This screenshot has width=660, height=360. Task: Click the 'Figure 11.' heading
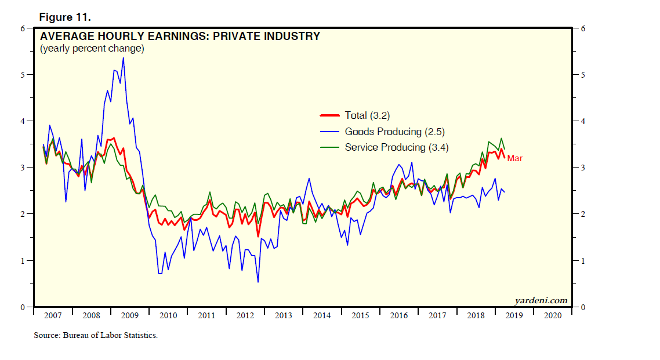click(x=65, y=16)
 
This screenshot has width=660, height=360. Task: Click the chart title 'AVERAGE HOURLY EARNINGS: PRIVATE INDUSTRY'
click(x=180, y=37)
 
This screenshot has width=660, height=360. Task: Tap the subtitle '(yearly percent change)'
click(x=92, y=49)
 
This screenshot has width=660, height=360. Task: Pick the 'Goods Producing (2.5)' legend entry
click(x=395, y=132)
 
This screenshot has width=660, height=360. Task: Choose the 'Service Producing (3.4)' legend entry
click(x=397, y=147)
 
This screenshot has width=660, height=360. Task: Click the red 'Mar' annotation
click(x=515, y=158)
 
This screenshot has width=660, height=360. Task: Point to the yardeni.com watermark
click(x=541, y=300)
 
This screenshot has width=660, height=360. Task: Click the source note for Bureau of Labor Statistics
click(x=96, y=336)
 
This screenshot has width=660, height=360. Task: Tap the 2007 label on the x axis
click(x=53, y=315)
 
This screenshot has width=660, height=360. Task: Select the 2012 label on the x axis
click(x=245, y=315)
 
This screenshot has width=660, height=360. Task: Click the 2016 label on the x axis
click(x=398, y=315)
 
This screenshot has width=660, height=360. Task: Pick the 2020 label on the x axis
click(x=552, y=315)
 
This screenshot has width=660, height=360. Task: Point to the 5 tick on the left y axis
click(x=22, y=75)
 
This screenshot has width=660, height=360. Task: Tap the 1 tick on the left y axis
click(x=22, y=261)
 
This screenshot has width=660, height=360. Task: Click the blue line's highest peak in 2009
click(x=123, y=57)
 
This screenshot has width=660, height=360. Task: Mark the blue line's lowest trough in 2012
click(x=258, y=282)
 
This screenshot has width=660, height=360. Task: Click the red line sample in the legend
click(x=330, y=115)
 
